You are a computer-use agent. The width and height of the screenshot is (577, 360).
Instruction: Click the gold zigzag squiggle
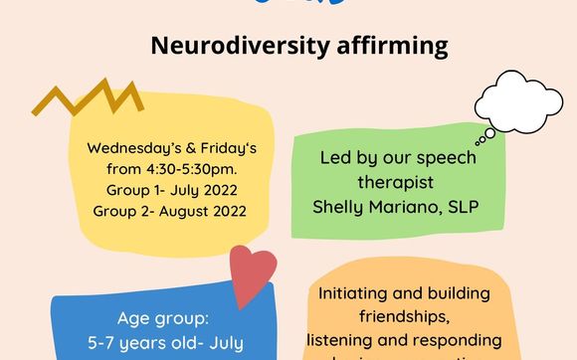pyautogui.click(x=87, y=97)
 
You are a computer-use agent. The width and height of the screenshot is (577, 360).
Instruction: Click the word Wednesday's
pyautogui.click(x=126, y=148)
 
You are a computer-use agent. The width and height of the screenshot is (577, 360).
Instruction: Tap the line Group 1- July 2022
pyautogui.click(x=171, y=189)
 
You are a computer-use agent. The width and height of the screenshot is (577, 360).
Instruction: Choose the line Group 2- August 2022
pyautogui.click(x=171, y=210)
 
